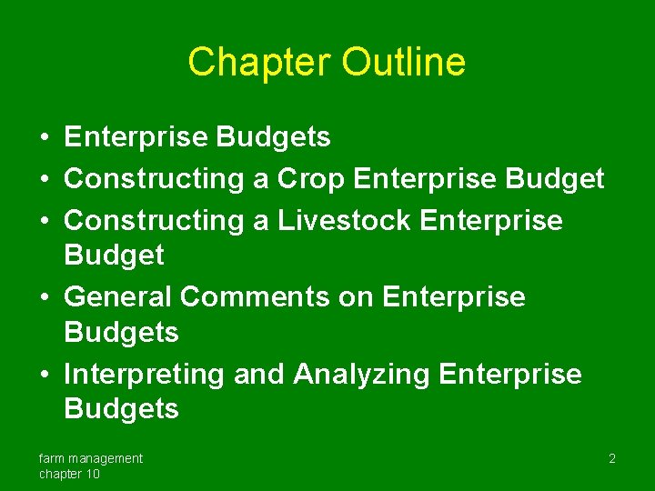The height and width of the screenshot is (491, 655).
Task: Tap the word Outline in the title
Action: click(404, 62)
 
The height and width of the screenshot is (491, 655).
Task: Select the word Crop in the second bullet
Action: click(311, 179)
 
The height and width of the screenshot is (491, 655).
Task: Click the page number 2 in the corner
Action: click(612, 459)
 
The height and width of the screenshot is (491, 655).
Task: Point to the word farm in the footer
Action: click(52, 458)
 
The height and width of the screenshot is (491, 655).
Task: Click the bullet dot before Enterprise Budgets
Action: click(44, 138)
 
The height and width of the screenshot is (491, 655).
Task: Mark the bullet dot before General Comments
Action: click(44, 297)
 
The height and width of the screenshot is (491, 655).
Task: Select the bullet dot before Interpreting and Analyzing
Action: click(44, 375)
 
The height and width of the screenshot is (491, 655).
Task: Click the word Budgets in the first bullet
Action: click(272, 137)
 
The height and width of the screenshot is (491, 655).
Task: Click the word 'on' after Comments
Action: click(357, 296)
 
